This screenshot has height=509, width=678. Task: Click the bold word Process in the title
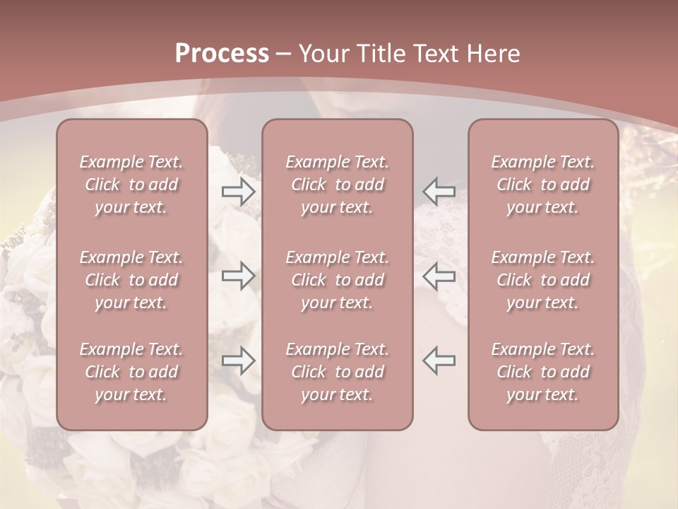(222, 54)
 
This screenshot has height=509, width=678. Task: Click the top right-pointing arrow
(238, 192)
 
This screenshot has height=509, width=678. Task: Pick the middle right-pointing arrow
(238, 276)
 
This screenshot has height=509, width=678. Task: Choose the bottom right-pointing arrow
(238, 361)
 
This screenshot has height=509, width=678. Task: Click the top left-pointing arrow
(439, 192)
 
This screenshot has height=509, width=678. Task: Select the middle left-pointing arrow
(439, 276)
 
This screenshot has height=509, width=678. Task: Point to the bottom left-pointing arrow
(439, 361)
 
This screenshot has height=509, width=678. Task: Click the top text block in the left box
(131, 185)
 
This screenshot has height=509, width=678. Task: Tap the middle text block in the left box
(131, 280)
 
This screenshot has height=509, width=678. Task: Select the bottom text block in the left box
(131, 372)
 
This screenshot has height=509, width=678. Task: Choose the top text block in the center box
(337, 185)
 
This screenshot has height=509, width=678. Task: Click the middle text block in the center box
(337, 280)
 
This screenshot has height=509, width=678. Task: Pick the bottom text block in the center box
(337, 372)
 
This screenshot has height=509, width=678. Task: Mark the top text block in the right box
(542, 185)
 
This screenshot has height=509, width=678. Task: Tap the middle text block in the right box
(542, 280)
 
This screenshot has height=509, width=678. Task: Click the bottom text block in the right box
(542, 372)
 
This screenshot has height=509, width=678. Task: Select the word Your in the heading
(323, 54)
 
